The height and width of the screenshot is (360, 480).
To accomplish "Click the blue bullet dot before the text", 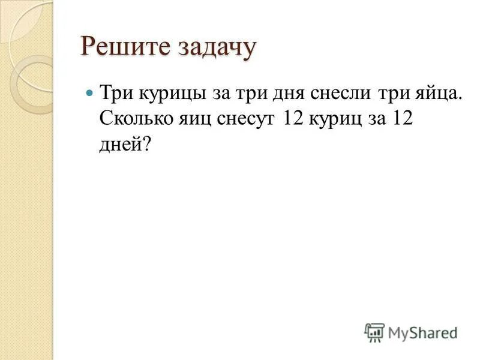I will pos(91,95).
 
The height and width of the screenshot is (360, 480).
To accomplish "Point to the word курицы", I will pos(173,95).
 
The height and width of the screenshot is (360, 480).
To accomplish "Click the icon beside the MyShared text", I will pos(374,332).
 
